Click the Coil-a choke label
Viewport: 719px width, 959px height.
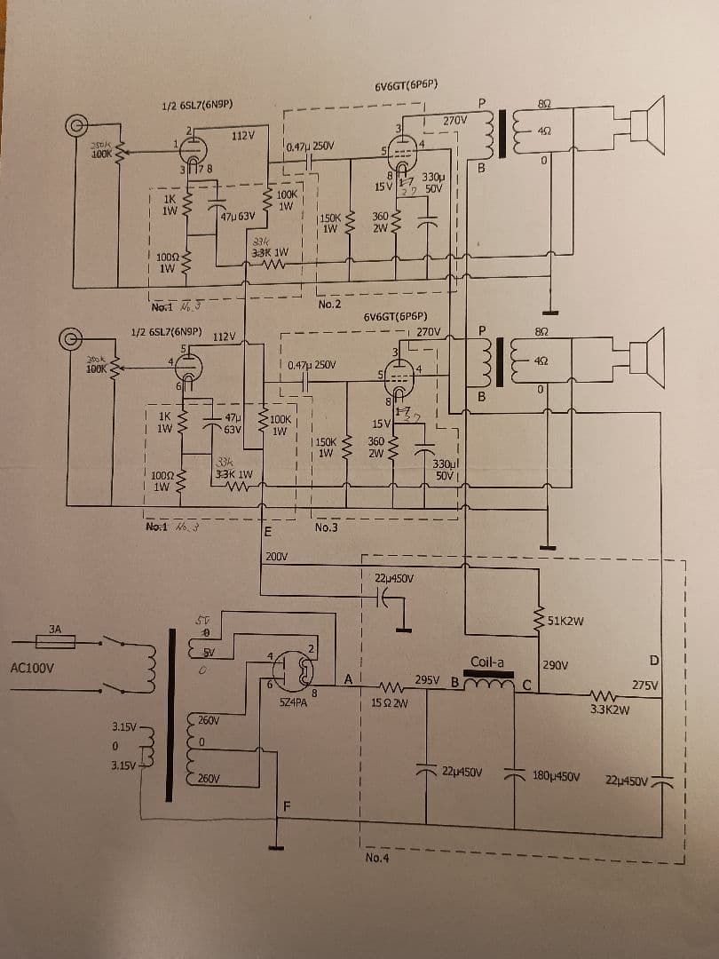[x=487, y=662]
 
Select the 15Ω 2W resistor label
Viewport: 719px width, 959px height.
[x=390, y=704]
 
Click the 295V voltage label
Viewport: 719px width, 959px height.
[x=427, y=679]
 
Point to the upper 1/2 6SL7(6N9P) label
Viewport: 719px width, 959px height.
[x=197, y=104]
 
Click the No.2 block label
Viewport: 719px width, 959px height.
[x=329, y=305]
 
